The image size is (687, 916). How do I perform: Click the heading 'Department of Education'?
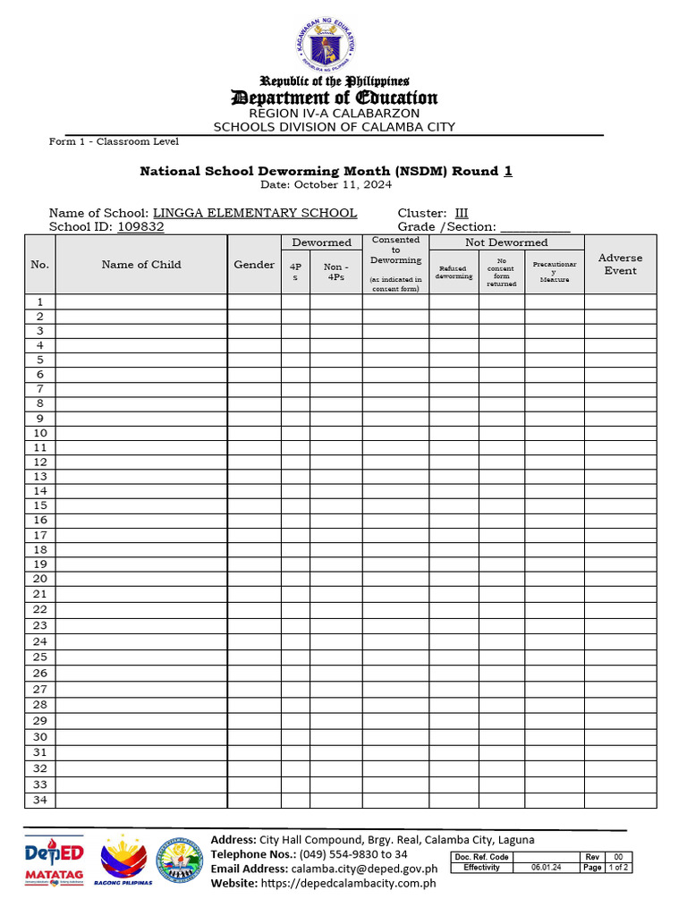point(334,98)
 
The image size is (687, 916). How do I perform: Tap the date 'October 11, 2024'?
point(343,184)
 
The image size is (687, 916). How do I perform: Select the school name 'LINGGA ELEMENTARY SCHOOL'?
point(255,213)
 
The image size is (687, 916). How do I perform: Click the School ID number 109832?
point(140,227)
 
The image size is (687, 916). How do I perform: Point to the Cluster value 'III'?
point(462,213)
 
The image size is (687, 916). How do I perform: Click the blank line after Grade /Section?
point(535,227)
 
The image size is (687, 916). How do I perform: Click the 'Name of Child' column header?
point(141,265)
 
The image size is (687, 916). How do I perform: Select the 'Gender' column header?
point(254,265)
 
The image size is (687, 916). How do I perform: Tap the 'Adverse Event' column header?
point(620,265)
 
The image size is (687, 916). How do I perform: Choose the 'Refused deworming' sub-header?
point(454,272)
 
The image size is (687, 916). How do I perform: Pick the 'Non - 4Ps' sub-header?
point(335,272)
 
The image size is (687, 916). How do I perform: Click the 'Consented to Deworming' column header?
point(395,250)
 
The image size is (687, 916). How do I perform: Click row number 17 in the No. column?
point(40,535)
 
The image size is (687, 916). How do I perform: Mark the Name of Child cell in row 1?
point(141,302)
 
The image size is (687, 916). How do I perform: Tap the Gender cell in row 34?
point(254,801)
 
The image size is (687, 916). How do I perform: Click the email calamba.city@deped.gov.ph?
point(364,869)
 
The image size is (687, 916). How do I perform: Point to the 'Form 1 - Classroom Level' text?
point(114,142)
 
